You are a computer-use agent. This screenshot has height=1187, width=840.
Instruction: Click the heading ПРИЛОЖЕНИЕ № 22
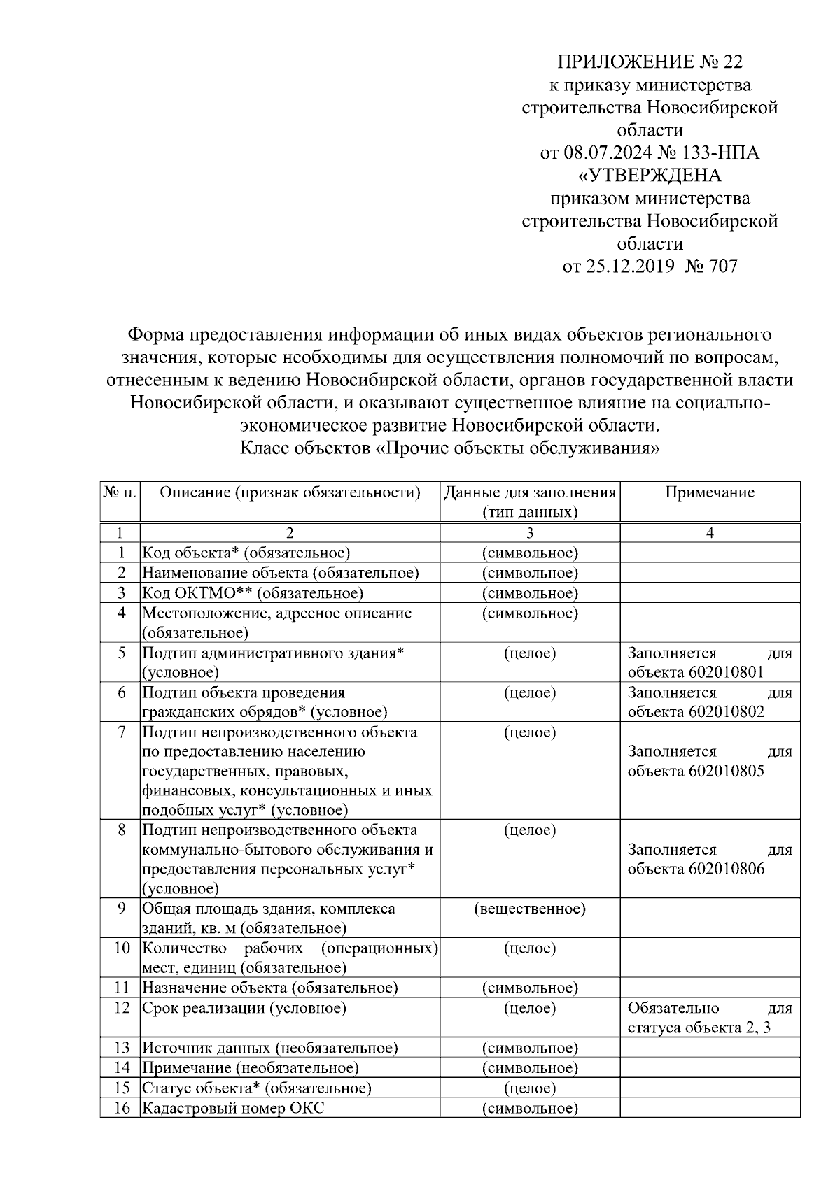tap(650, 62)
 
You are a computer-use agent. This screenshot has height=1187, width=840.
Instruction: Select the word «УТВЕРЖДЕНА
tap(650, 176)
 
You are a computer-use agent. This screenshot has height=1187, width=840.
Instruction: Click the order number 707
tap(723, 266)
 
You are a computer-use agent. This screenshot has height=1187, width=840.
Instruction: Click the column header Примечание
tap(709, 492)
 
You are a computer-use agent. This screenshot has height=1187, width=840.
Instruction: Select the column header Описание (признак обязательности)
tap(290, 492)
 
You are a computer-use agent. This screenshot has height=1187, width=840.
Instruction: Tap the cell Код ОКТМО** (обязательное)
tap(253, 593)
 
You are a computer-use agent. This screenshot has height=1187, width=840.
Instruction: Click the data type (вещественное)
tap(530, 909)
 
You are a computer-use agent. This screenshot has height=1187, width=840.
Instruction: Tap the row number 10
tap(121, 948)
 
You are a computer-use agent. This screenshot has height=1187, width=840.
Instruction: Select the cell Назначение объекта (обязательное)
tap(270, 988)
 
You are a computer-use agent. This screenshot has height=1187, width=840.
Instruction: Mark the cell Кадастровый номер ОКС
tap(233, 1109)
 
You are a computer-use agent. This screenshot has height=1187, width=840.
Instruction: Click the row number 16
tap(121, 1109)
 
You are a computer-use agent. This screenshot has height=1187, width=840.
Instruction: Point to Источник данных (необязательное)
tap(270, 1049)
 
